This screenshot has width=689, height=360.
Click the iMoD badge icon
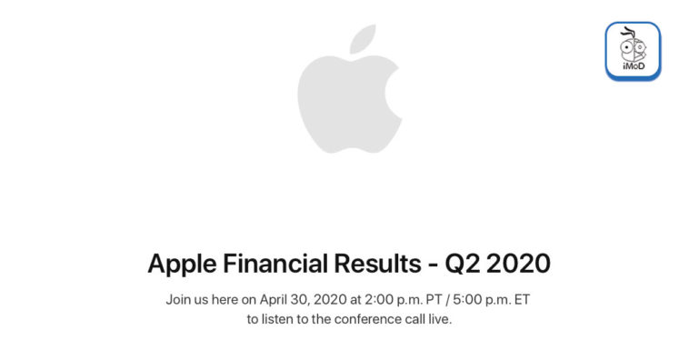coord(633,52)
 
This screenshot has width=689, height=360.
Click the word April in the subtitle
coord(280,299)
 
